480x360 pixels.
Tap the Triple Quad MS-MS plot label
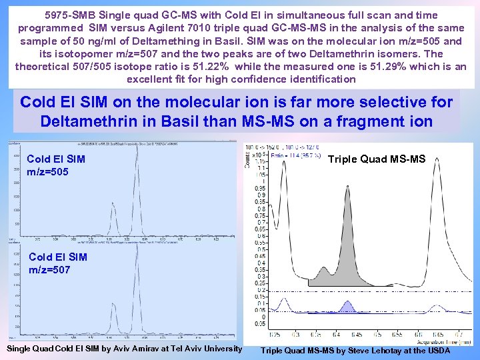(377, 159)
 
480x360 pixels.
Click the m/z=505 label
(47, 173)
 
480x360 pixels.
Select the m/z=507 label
(49, 270)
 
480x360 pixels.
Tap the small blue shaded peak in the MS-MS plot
(348, 306)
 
